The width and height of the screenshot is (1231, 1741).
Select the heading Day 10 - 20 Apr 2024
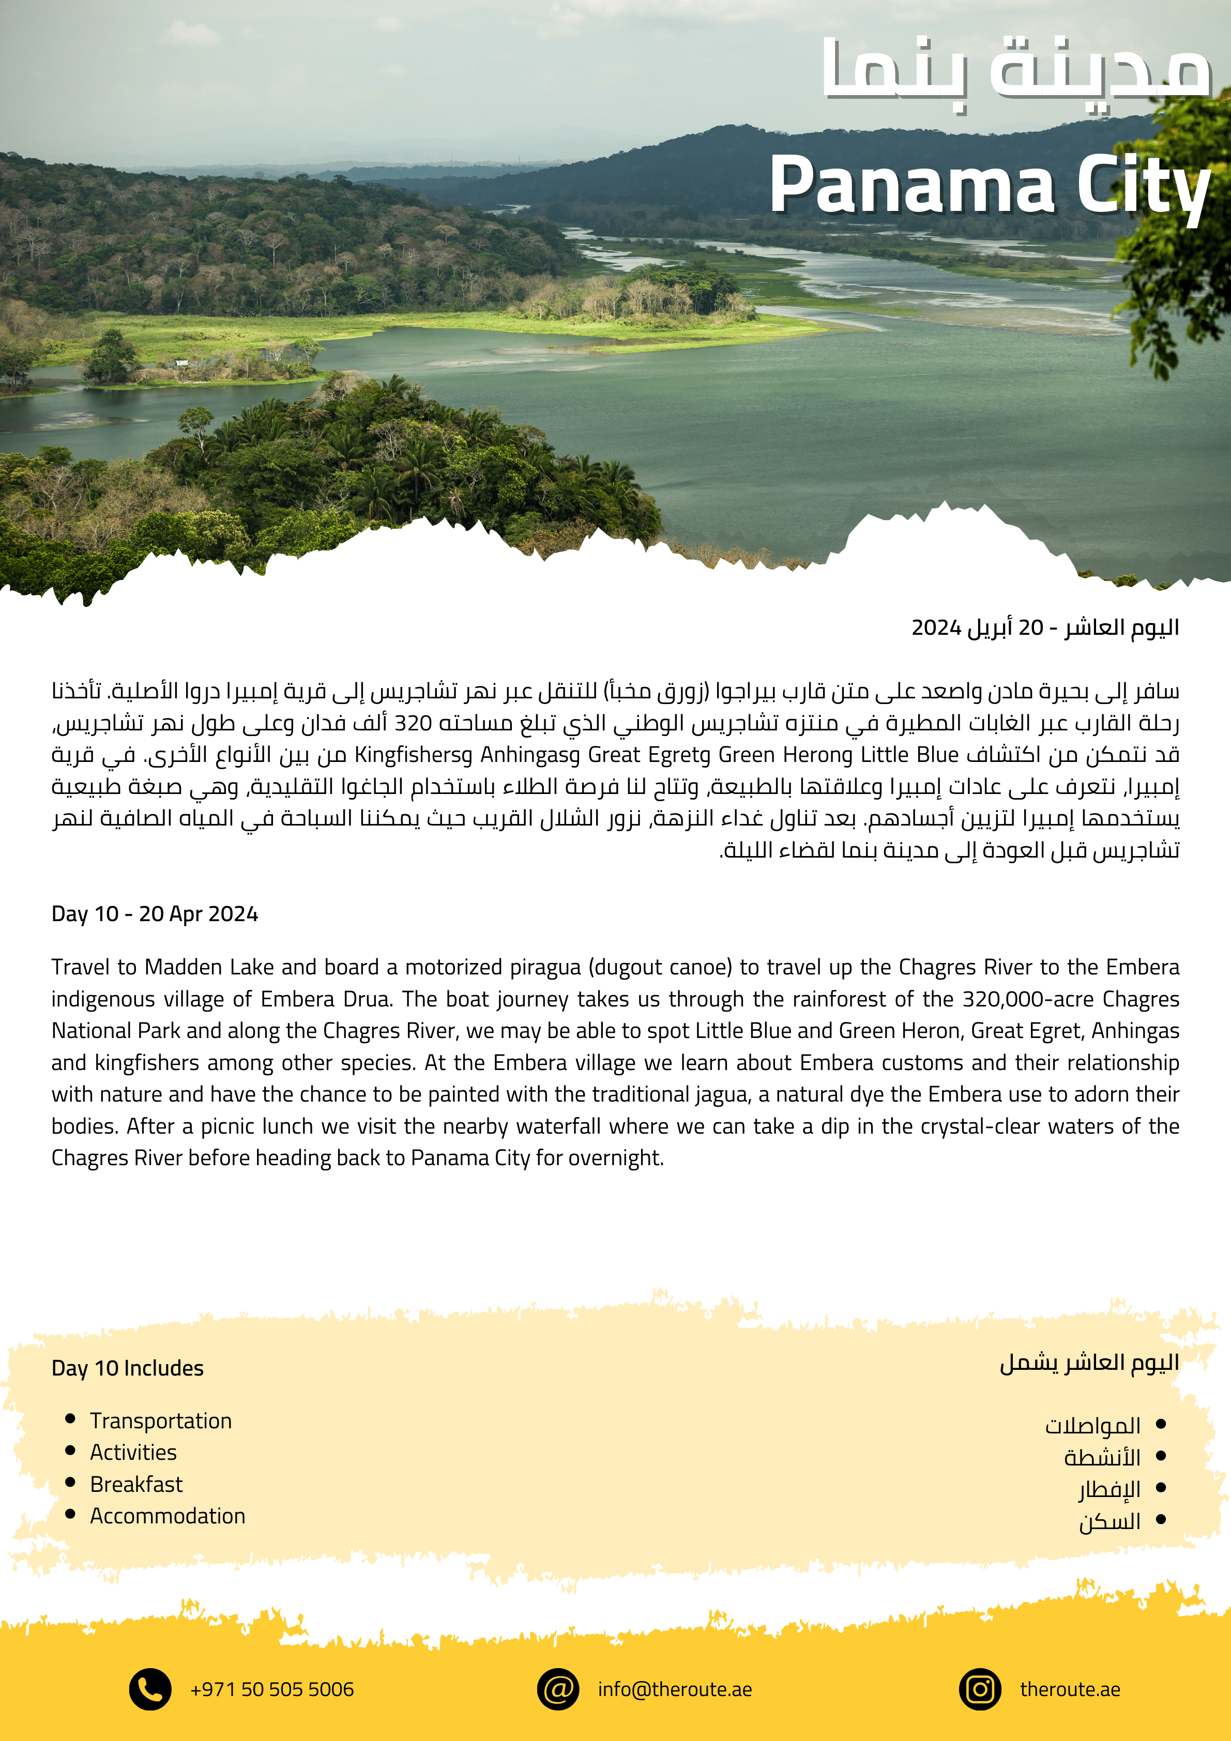click(155, 914)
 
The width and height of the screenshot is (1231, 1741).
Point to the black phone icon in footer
click(150, 1689)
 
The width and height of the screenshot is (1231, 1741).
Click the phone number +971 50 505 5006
click(271, 1689)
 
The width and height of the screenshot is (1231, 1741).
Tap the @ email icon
click(558, 1689)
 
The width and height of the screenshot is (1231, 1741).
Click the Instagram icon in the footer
click(980, 1689)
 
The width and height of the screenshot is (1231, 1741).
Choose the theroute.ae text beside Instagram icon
click(1070, 1689)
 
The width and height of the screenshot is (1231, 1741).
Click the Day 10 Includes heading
click(127, 1368)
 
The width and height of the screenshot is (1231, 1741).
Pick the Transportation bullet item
click(161, 1421)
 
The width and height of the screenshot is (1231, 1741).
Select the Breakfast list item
click(136, 1484)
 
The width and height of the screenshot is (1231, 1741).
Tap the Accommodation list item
click(168, 1516)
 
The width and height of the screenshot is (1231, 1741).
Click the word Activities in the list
click(133, 1452)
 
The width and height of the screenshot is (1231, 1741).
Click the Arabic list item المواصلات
click(1093, 1426)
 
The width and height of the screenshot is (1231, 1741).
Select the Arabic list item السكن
click(1110, 1521)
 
